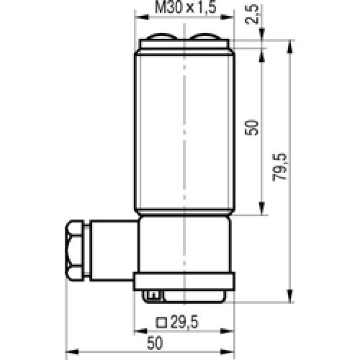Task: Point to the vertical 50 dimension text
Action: [251, 128]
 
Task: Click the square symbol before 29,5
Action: [163, 321]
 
